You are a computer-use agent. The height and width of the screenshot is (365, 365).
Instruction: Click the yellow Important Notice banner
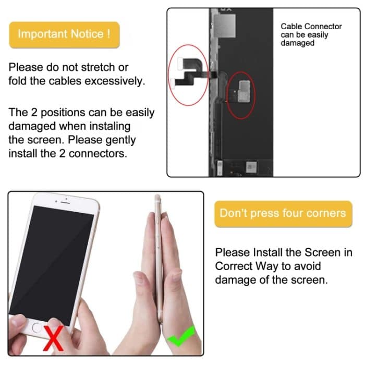[64, 34]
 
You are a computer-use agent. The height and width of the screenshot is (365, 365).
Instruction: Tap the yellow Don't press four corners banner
[283, 213]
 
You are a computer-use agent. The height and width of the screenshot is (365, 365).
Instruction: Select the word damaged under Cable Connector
[298, 43]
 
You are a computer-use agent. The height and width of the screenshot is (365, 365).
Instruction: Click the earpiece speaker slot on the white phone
[63, 201]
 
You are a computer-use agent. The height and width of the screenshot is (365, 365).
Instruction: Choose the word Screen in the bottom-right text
[321, 252]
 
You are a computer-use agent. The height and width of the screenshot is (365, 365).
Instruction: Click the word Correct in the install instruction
[233, 266]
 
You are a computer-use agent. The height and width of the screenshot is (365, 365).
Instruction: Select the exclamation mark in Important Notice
[108, 34]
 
